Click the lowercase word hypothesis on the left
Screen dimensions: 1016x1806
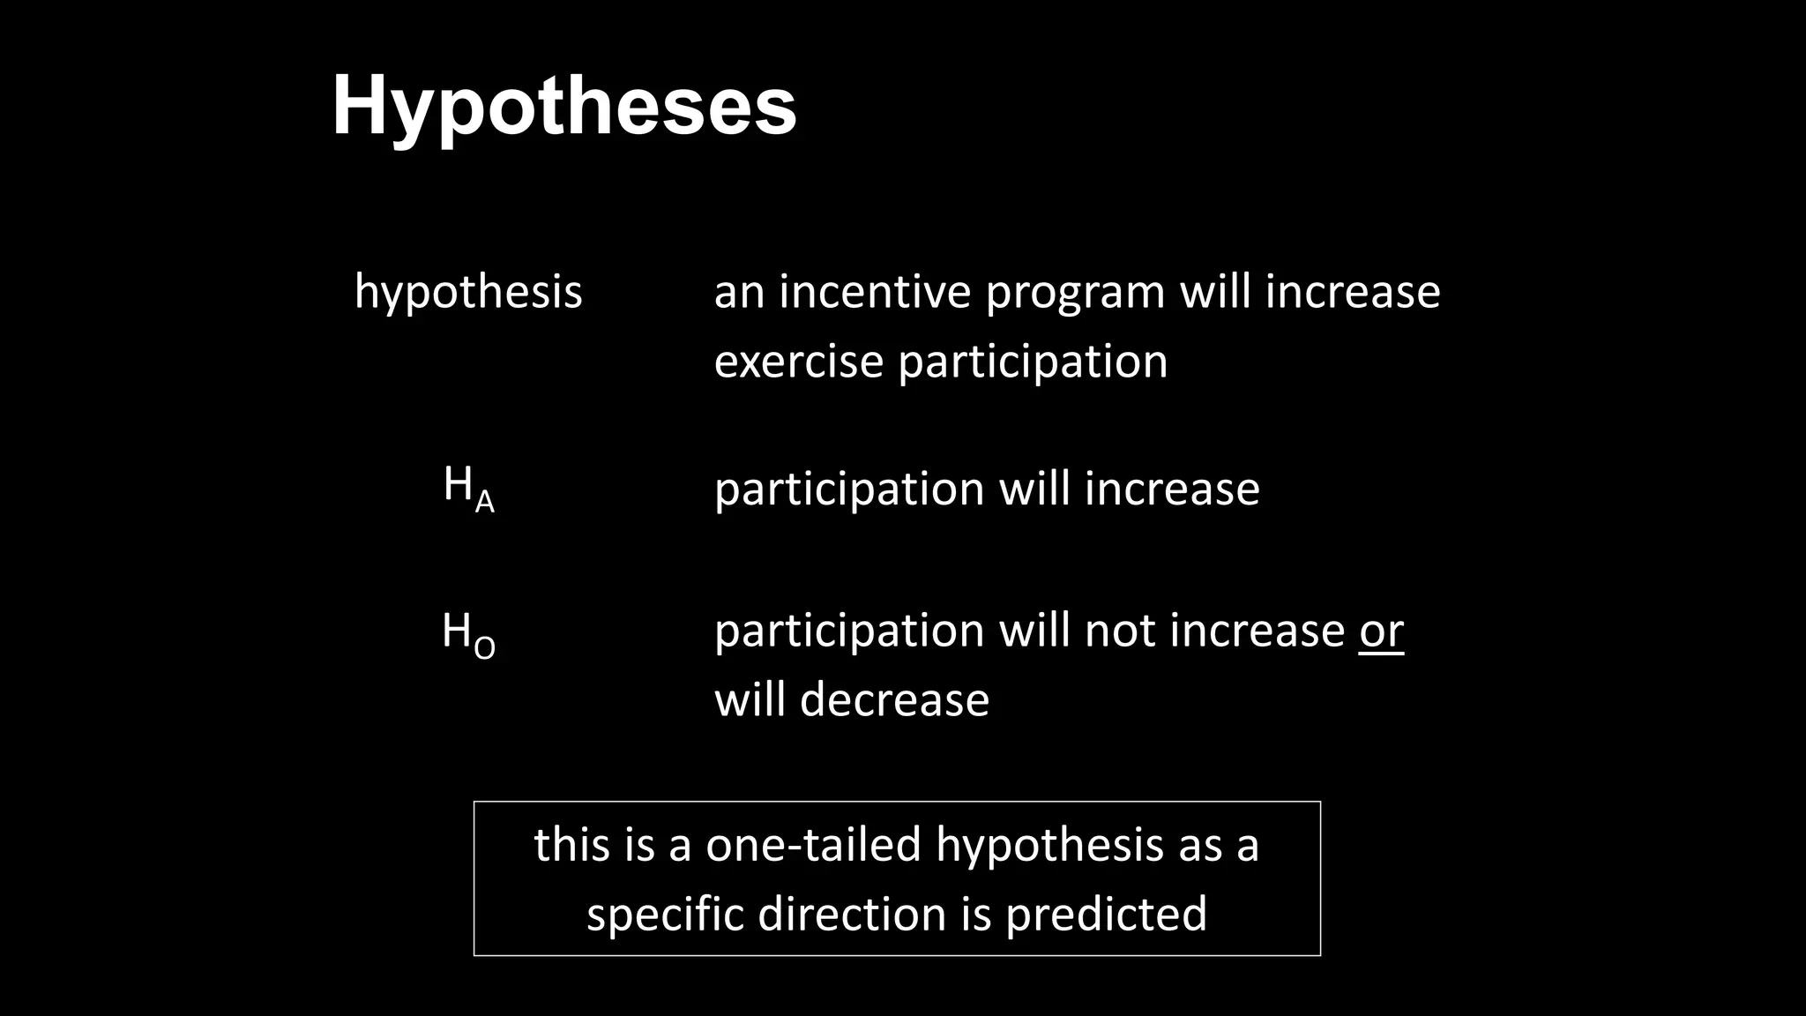(468, 292)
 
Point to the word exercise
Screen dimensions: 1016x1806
(798, 362)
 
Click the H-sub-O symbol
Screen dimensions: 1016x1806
(468, 634)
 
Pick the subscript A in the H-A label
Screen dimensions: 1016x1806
(484, 503)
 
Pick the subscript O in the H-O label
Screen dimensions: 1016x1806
(485, 649)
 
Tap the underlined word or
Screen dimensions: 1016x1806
(1381, 631)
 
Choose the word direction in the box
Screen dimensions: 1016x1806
(852, 914)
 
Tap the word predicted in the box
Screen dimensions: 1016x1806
(1106, 914)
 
